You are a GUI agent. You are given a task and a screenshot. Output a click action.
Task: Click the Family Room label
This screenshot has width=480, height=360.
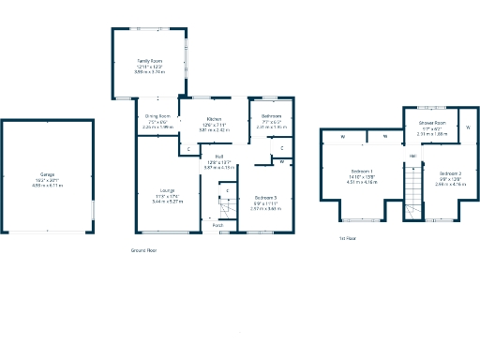pos(150,61)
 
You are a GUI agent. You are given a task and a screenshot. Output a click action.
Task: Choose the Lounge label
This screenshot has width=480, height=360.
pos(167,190)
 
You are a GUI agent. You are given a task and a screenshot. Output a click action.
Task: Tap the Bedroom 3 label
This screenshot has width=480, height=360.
pos(266,196)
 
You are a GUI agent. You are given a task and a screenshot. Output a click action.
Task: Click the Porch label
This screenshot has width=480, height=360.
pos(217,226)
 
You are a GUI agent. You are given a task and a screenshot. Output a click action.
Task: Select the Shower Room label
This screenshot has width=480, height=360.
pos(432,123)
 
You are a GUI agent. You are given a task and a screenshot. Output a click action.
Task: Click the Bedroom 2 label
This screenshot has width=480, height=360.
pos(450,173)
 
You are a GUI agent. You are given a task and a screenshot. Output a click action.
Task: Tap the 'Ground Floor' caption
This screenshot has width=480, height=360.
pos(143,250)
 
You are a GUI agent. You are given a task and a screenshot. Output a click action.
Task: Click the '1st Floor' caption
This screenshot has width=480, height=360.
pos(348,238)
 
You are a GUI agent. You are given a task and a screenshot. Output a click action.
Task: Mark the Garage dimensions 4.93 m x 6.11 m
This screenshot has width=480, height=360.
pos(47,186)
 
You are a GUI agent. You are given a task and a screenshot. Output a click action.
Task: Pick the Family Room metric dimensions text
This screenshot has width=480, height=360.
pos(150,71)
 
